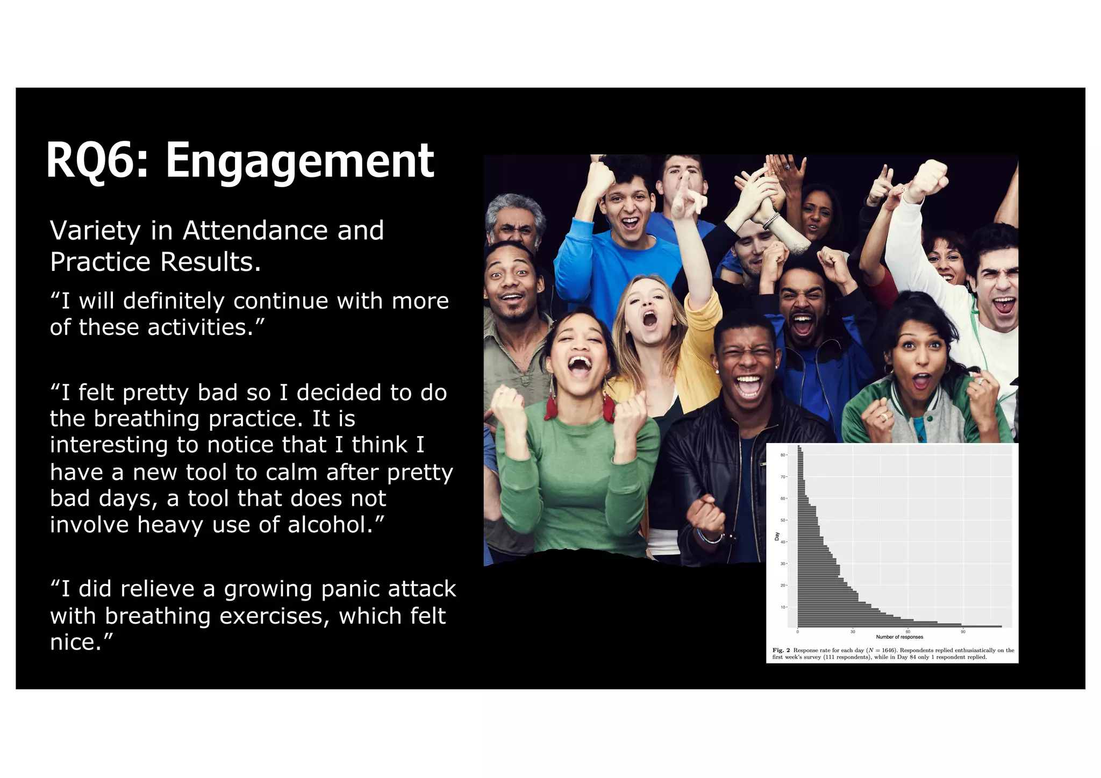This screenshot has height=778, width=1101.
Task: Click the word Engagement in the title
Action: point(299,161)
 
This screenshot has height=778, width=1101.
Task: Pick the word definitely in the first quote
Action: point(173,301)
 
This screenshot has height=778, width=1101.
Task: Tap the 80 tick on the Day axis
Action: point(783,455)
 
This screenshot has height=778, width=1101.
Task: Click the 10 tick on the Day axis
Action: point(783,607)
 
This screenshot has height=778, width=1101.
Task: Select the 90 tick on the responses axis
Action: point(963,631)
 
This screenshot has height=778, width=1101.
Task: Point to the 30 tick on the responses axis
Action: point(853,631)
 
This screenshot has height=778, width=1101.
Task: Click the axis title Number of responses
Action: point(899,637)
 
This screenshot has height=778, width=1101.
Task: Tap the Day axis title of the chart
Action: point(777,536)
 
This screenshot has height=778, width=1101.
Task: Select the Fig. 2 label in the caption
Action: point(781,650)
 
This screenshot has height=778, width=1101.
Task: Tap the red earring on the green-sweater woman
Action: point(551,404)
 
